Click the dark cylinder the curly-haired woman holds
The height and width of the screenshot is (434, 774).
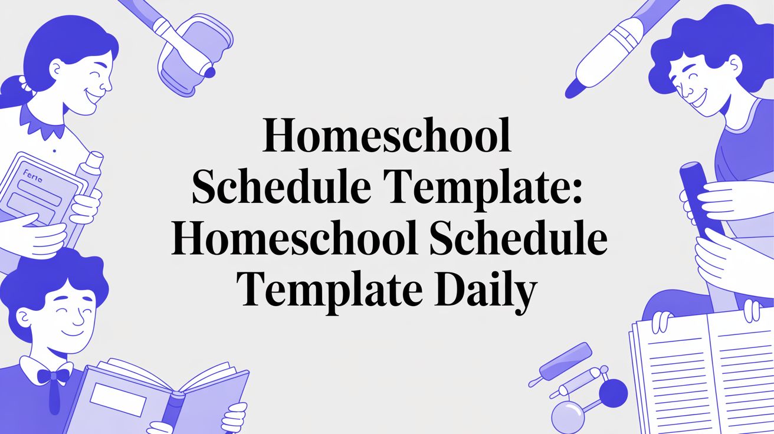pos(699,200)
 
